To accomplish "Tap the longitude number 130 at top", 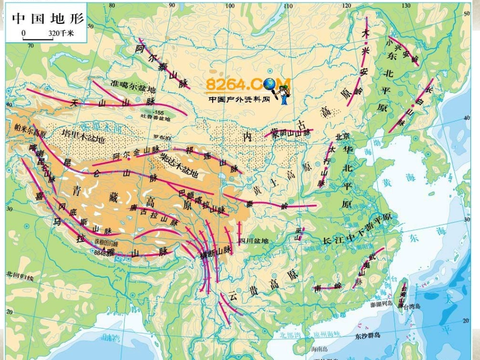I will pos(406,6).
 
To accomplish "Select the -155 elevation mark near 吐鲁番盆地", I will pos(160,112).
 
